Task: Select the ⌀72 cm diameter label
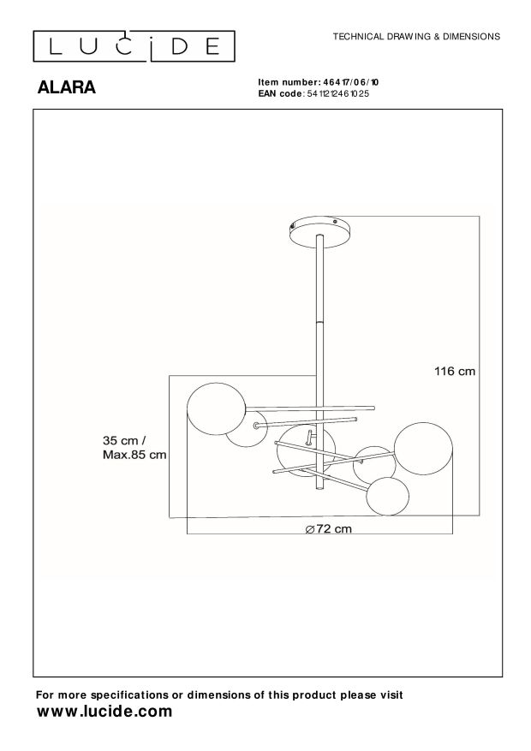(x=328, y=528)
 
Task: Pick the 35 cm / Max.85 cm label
(x=134, y=447)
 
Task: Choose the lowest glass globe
(x=390, y=496)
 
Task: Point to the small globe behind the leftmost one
(x=246, y=427)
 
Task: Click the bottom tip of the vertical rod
(x=320, y=491)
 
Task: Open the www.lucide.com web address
(x=104, y=712)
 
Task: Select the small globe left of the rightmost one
(x=374, y=463)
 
